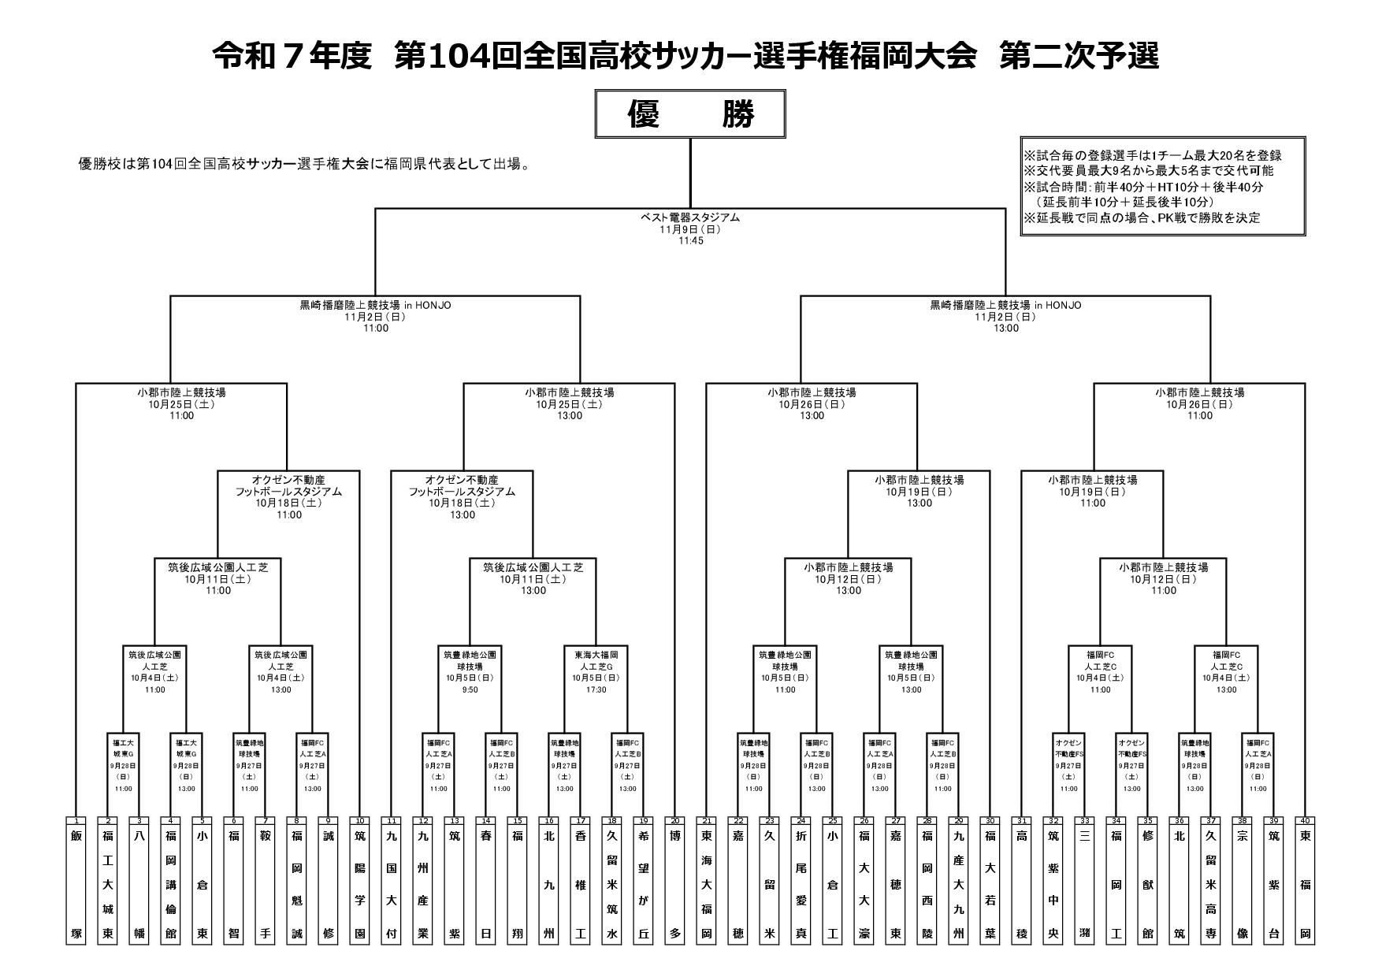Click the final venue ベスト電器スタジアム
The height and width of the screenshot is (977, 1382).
click(690, 218)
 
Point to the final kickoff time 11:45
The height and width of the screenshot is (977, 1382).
click(690, 241)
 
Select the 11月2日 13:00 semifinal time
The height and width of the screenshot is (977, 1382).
click(1006, 329)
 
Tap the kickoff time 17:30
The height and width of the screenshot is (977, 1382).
click(596, 690)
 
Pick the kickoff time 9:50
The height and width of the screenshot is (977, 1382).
click(470, 690)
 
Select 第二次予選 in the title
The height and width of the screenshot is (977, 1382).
click(1079, 56)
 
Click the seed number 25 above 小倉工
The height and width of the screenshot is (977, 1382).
click(833, 821)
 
